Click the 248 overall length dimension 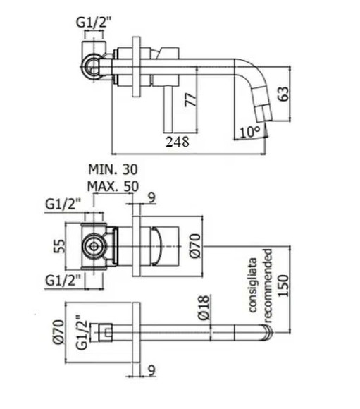pyautogui.click(x=178, y=142)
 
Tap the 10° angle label pyautogui.click(x=250, y=132)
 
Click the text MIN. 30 pyautogui.click(x=113, y=169)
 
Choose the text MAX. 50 pyautogui.click(x=113, y=185)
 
